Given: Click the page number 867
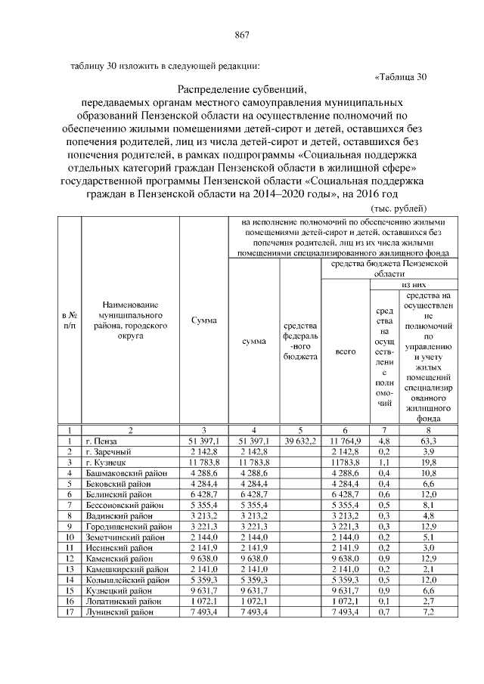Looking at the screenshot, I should click(242, 35).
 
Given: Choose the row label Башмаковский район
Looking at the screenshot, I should click(126, 472).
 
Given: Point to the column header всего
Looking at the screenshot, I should click(345, 352).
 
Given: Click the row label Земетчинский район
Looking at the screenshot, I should click(124, 535).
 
